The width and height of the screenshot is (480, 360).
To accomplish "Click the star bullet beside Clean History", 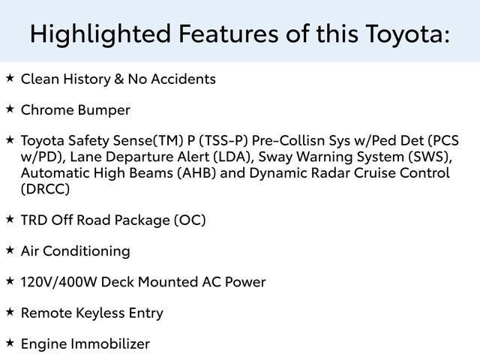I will [10, 78].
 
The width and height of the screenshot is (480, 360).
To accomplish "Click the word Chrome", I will [47, 109].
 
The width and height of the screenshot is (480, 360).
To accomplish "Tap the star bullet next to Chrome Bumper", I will [10, 109].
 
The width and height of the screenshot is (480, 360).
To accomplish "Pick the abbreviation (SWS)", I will [430, 157].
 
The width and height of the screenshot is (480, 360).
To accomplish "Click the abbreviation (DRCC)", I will [45, 189].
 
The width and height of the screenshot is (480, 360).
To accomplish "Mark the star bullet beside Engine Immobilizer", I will [10, 343].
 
